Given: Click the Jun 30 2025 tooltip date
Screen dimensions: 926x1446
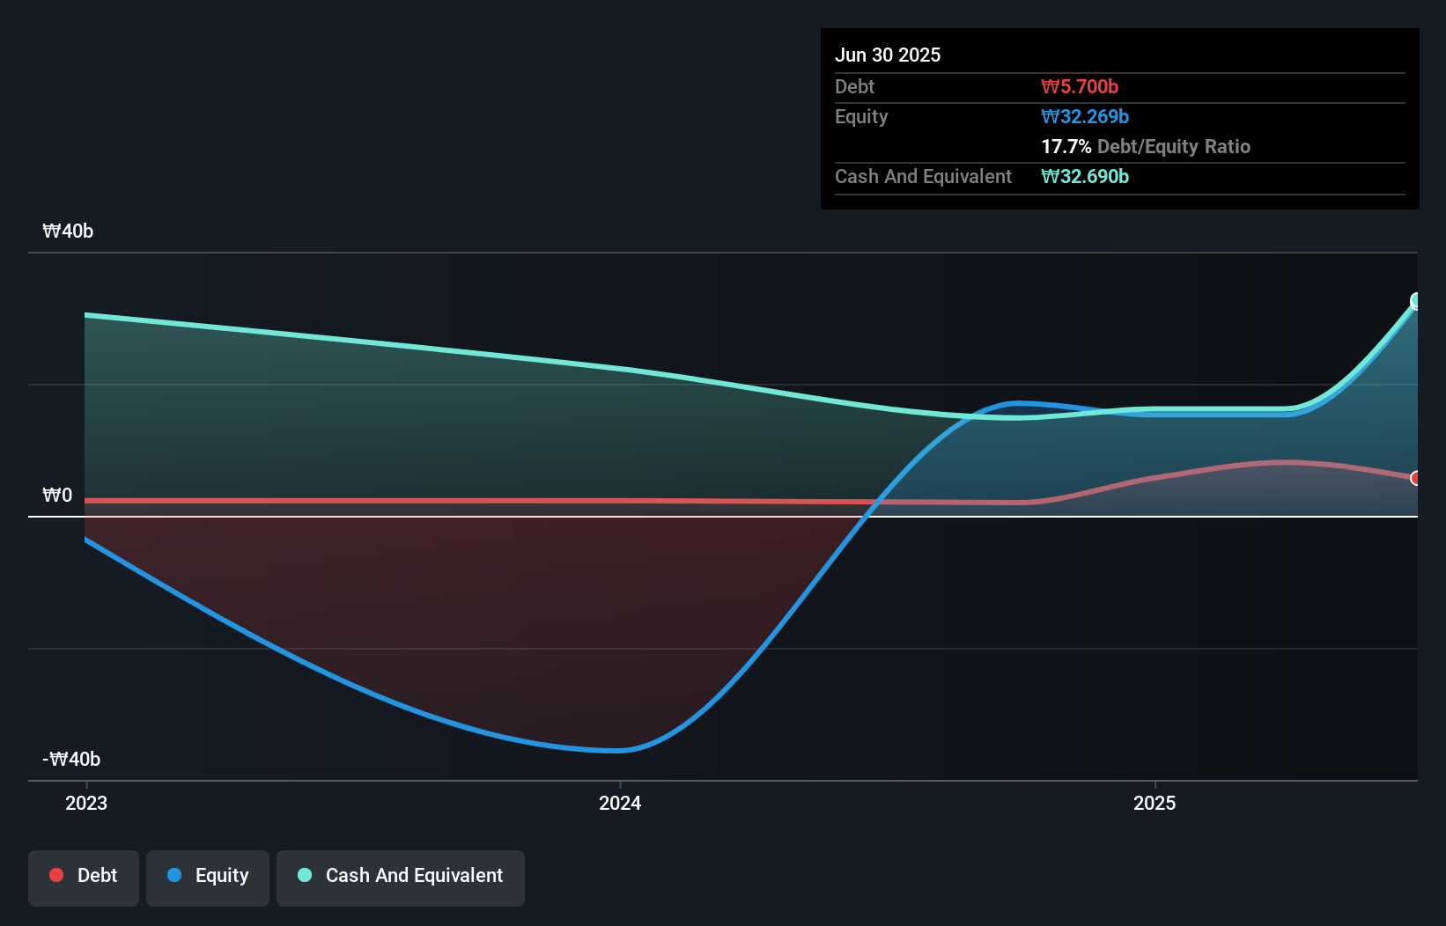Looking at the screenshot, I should [887, 55].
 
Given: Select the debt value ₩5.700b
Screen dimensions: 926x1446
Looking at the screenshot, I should [1079, 86].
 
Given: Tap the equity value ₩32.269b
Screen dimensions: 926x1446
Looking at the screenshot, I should [1084, 116].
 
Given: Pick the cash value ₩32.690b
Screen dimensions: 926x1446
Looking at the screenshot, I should [1084, 176].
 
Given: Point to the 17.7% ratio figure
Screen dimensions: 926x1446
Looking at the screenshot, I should [1066, 146].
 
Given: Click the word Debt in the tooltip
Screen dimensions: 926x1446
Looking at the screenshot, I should [854, 86].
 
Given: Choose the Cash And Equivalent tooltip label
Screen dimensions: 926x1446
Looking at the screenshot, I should [923, 176].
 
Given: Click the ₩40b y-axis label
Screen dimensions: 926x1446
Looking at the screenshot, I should [68, 231].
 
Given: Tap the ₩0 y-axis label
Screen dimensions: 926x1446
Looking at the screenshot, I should [57, 495].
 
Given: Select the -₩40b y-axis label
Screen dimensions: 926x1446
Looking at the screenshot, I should [71, 759].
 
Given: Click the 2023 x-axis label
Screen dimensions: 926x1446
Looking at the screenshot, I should [86, 803].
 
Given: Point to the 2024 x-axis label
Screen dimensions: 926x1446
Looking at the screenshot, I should [620, 803].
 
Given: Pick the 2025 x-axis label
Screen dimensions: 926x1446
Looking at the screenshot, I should [1155, 803].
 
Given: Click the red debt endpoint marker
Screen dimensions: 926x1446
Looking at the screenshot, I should [1416, 478].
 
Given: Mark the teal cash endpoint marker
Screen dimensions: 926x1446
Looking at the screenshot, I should [1416, 301].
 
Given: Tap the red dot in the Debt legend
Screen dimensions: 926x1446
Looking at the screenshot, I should [56, 875].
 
